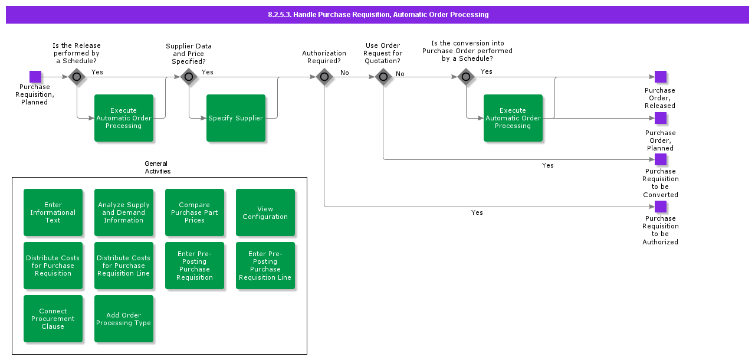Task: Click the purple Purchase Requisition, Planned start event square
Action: pos(35,77)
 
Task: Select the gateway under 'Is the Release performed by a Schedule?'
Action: pos(77,77)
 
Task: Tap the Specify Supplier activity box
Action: pos(236,118)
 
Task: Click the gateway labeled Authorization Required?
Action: pos(324,77)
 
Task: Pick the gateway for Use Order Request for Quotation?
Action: pos(383,77)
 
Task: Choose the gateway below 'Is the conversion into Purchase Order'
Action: pos(466,77)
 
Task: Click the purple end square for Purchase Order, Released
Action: pos(661,77)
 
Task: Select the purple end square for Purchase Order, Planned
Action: pos(661,118)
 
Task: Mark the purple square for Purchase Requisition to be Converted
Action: pos(661,159)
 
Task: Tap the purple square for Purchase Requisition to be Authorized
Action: pos(661,207)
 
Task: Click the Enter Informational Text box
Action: pos(53,212)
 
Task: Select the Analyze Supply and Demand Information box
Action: pos(124,212)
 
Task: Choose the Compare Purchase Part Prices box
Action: pos(195,212)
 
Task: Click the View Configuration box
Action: pos(265,212)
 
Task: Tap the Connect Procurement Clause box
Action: pos(53,319)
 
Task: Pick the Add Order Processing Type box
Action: pos(124,319)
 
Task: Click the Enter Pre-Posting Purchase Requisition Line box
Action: pos(265,266)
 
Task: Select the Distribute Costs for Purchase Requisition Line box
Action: pos(124,266)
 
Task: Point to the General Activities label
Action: pos(157,168)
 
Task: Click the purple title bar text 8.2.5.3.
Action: pos(377,15)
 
